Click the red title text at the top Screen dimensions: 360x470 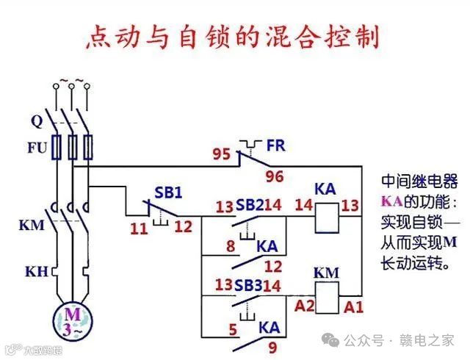[x=235, y=35]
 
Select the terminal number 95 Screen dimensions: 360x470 [x=221, y=155]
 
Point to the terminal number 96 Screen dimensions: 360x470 [x=275, y=176]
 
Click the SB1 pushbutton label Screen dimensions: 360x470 [x=168, y=192]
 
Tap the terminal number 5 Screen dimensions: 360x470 [x=232, y=330]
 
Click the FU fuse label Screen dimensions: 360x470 [x=37, y=148]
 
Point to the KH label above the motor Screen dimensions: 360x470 [x=36, y=272]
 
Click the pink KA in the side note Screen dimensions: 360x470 [x=390, y=201]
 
